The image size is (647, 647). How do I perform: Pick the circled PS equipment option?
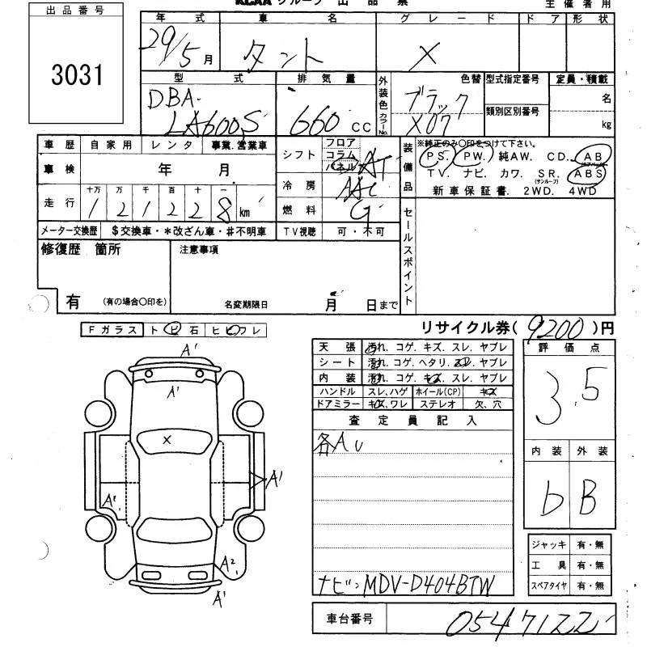coord(437,156)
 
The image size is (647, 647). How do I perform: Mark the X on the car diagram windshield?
coord(167,439)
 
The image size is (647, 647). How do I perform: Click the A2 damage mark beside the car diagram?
coord(229,564)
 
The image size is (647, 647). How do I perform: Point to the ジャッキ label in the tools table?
coord(550,545)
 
